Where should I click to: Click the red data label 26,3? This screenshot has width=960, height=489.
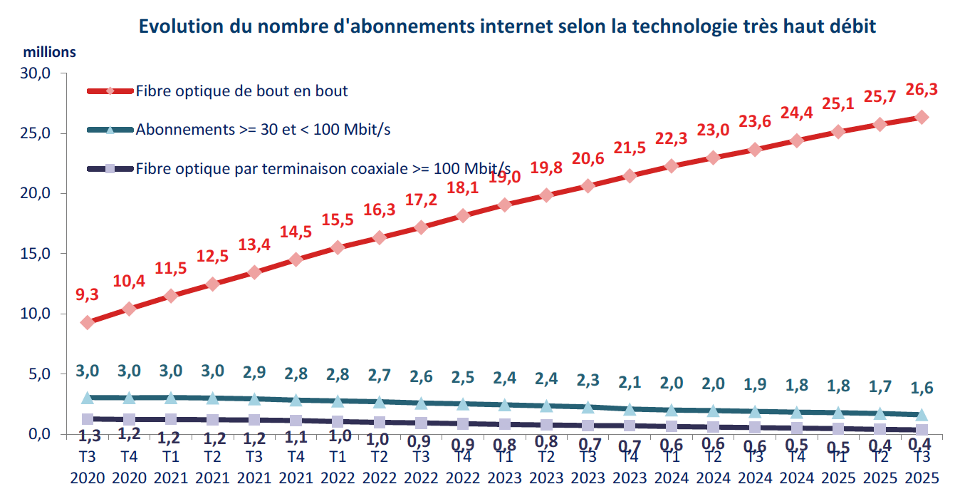point(922,89)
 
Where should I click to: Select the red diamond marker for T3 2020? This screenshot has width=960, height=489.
point(88,322)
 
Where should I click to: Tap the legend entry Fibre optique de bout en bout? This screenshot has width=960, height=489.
point(241,91)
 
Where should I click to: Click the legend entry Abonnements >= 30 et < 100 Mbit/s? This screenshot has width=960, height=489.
point(263,130)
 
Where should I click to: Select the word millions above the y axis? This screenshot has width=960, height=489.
point(49,52)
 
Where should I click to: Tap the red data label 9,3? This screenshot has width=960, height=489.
point(88,294)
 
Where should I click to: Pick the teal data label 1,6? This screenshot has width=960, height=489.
point(922,388)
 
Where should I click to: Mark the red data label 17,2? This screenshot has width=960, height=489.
point(421,200)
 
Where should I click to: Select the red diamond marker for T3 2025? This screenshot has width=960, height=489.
point(922,117)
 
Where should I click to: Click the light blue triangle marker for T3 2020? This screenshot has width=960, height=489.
point(88,397)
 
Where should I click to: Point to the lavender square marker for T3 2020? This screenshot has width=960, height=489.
point(88,419)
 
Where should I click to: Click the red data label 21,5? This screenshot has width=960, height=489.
point(630,148)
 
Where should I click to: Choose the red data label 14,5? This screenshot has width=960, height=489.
point(296,232)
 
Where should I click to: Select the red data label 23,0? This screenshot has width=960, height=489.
point(713,129)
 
